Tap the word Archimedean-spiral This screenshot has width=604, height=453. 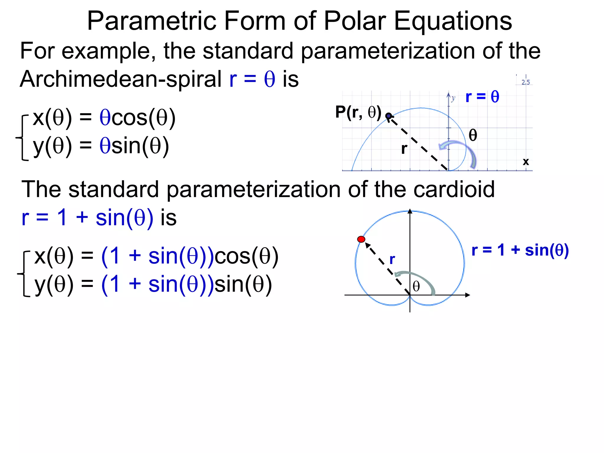click(120, 79)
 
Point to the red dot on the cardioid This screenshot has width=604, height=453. click(361, 239)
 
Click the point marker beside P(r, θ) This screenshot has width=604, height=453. click(389, 116)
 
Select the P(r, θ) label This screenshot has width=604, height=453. click(358, 112)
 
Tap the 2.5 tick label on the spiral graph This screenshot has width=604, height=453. click(526, 82)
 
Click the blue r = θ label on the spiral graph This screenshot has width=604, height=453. click(482, 97)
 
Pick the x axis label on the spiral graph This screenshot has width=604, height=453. click(526, 162)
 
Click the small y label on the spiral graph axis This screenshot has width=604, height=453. click(453, 98)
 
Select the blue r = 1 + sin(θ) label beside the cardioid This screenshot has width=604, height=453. click(520, 250)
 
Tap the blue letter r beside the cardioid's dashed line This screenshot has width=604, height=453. click(392, 260)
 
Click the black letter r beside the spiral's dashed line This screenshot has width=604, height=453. click(404, 149)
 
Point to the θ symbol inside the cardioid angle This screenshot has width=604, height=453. click(416, 286)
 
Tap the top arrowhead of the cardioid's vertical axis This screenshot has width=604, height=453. click(410, 211)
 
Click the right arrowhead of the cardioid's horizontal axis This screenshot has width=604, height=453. click(467, 295)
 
